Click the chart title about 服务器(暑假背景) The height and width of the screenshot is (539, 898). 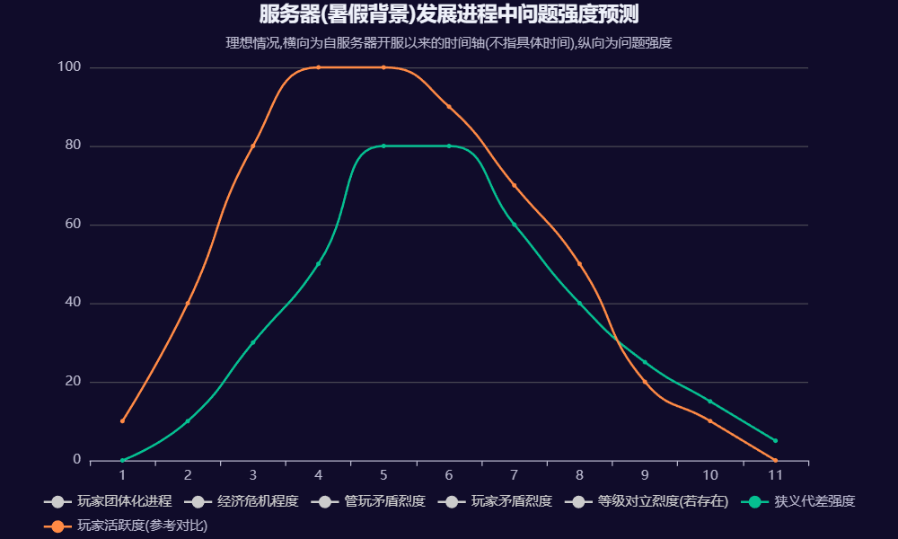click(x=449, y=15)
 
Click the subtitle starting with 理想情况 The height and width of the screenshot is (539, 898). click(x=449, y=42)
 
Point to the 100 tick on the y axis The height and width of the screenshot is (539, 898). click(x=70, y=67)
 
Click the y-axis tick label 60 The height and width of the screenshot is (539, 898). click(x=74, y=225)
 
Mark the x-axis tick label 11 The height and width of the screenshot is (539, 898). click(x=775, y=475)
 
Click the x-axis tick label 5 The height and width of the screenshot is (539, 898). click(x=383, y=475)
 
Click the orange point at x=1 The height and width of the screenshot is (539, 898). click(x=122, y=421)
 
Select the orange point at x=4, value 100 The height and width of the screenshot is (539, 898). click(x=318, y=67)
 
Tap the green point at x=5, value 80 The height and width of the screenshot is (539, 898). click(x=383, y=146)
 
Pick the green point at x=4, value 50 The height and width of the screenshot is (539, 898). click(x=318, y=264)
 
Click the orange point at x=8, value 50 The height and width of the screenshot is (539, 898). click(x=579, y=264)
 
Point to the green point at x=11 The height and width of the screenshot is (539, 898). click(x=775, y=441)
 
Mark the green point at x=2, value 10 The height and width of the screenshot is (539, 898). click(x=188, y=421)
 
